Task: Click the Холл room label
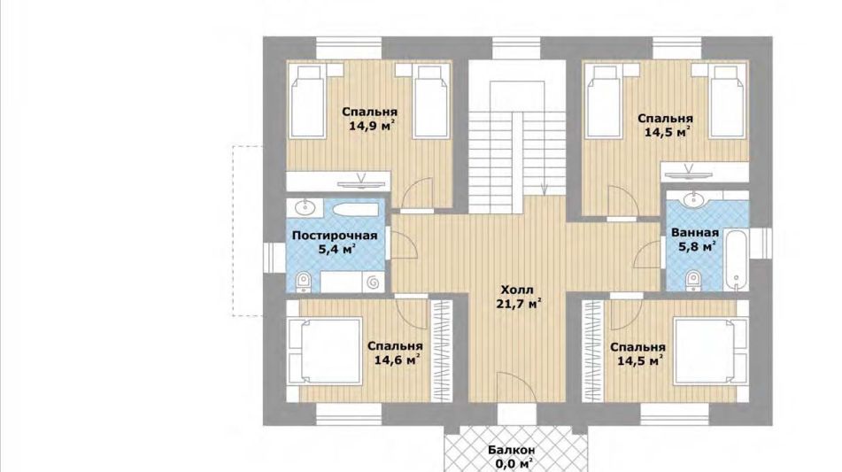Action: click(x=518, y=290)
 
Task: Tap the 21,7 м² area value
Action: click(x=518, y=305)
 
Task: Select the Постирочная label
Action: click(x=335, y=236)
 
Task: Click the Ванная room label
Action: click(x=695, y=233)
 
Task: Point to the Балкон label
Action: click(x=512, y=450)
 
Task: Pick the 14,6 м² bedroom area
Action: click(x=397, y=360)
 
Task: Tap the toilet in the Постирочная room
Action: click(x=303, y=282)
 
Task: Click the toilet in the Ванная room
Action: click(x=693, y=281)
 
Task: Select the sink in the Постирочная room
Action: click(x=305, y=205)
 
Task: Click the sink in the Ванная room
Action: click(x=693, y=200)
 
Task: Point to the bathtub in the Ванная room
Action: click(x=736, y=259)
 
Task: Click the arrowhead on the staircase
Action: click(x=544, y=189)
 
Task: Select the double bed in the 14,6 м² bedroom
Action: click(x=326, y=352)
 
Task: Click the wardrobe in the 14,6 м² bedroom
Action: click(x=442, y=351)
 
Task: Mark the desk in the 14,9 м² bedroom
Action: click(x=338, y=181)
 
